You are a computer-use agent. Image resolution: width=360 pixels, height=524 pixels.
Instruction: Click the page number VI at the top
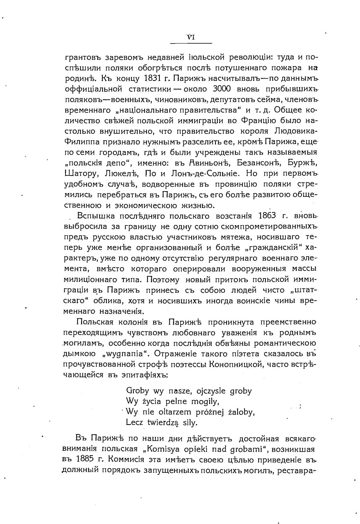coord(191,37)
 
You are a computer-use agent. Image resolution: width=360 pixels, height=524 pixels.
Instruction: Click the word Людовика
coord(296,131)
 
